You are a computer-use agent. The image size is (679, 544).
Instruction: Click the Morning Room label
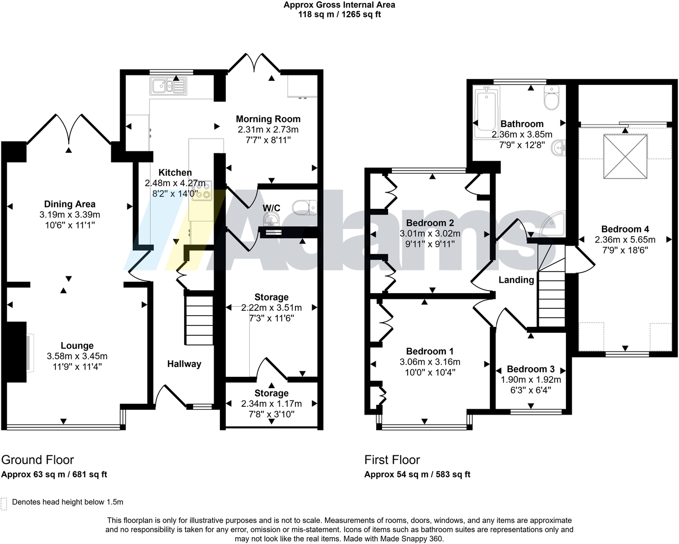tap(268, 119)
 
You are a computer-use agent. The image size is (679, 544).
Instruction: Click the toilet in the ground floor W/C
tap(305, 207)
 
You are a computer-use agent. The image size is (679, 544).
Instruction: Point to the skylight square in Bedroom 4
tap(625, 158)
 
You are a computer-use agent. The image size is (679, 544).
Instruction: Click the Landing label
tap(516, 280)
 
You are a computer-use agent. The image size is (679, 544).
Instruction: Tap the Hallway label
tap(184, 364)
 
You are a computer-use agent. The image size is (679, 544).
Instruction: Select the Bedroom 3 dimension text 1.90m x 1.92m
tap(531, 380)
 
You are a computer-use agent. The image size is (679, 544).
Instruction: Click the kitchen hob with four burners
tap(202, 191)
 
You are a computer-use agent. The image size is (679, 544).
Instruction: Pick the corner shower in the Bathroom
tap(554, 224)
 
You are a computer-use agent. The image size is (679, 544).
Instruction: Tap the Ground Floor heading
tap(38, 460)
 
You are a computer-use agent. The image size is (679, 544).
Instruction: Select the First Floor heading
tap(392, 460)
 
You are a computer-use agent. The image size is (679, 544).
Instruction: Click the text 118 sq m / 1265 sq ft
tap(339, 14)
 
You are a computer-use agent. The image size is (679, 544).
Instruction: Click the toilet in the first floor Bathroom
tap(552, 98)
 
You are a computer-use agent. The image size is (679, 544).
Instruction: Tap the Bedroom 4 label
tap(625, 229)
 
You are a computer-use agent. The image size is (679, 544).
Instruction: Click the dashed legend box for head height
tap(4, 503)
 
